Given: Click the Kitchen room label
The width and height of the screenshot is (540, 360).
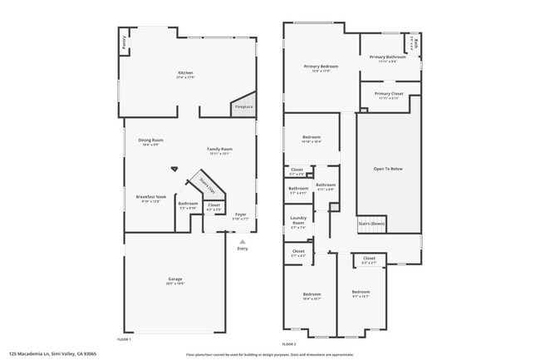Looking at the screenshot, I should coord(185,74).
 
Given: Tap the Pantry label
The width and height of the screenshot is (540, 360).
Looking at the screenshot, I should coord(125,46).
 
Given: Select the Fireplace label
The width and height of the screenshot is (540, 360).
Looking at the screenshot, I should coord(244,106).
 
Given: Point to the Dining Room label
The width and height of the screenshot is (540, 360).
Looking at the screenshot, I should coord(150,140).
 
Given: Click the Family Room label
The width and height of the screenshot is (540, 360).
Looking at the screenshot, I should coord(219,149).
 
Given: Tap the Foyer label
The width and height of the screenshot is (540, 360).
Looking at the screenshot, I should coord(241,214).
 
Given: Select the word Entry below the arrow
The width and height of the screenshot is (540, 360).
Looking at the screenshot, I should coord(243,249).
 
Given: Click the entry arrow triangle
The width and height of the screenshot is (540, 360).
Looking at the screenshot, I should coord(243,241).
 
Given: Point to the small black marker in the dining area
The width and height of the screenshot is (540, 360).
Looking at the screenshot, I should coord(174,167).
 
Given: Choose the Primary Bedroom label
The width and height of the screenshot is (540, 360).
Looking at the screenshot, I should coord(321,66).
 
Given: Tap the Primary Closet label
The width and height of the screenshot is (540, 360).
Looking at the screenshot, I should coord(388,94).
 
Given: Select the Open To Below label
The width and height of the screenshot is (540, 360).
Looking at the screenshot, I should coord(388,169).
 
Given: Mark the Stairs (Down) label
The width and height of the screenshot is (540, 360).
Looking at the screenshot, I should coord(371,224).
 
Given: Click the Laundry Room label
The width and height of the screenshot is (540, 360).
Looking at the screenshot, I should coord(297,220).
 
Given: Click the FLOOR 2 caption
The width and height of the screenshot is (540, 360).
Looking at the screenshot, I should coord(289,343).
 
